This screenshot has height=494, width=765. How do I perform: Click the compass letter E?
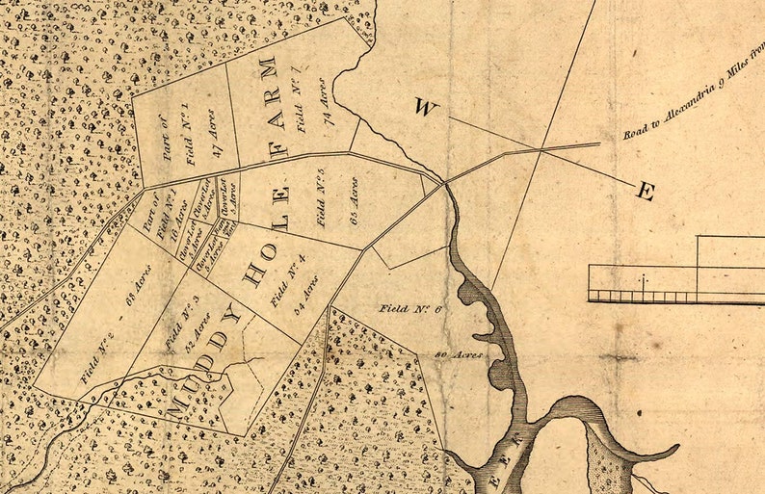pos(645,192)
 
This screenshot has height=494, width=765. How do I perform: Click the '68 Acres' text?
pos(139,288)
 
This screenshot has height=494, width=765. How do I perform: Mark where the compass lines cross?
pos(541,150)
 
